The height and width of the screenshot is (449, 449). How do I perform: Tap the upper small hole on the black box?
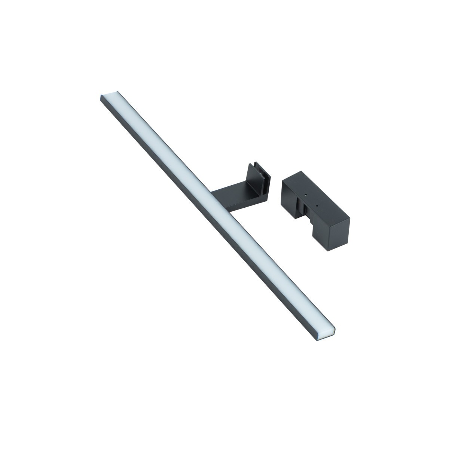306,195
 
